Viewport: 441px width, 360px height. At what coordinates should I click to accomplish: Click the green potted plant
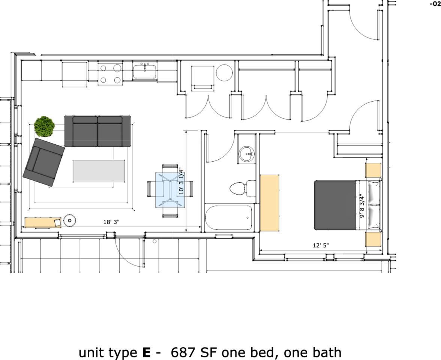[45, 126]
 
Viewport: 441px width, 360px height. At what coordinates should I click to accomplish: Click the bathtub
[229, 218]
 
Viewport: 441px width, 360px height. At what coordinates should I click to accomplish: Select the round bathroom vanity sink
[247, 154]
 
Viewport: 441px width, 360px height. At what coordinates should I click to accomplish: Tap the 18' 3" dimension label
[111, 222]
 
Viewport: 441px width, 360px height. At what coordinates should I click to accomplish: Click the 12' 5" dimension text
[321, 246]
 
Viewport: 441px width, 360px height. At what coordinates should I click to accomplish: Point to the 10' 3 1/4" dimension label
[181, 181]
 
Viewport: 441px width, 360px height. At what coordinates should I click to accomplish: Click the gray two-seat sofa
[97, 131]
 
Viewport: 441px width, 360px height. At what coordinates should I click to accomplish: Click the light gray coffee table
[99, 171]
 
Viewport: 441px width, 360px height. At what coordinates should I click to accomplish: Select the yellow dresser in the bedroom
[270, 202]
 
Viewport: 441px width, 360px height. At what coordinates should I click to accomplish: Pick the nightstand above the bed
[373, 171]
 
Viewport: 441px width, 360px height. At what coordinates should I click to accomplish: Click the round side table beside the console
[70, 220]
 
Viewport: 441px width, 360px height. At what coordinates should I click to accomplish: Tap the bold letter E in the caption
[147, 352]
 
